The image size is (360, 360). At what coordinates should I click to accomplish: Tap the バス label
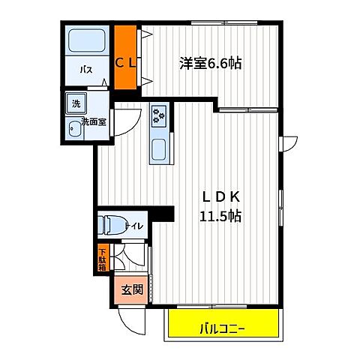86,70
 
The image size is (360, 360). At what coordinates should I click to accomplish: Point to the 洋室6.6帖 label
209,64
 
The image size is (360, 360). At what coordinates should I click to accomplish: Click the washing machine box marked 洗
76,102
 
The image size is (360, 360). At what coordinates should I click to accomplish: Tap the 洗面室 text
95,120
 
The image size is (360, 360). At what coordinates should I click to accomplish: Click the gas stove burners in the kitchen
159,115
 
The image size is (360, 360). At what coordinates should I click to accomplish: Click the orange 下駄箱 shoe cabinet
102,259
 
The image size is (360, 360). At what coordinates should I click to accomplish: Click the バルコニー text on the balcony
225,328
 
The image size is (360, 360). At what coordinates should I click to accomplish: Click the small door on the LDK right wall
290,142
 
